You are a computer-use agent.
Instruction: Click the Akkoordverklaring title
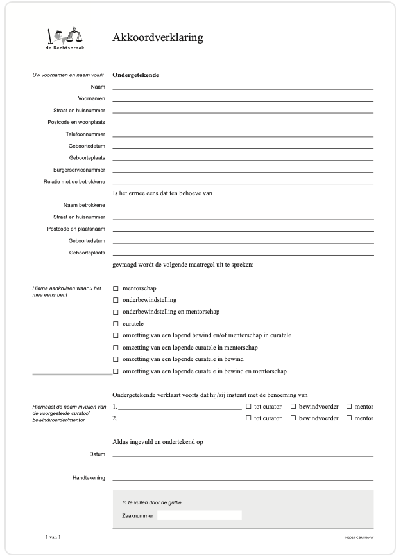(x=158, y=37)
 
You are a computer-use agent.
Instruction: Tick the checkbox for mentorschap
(x=116, y=288)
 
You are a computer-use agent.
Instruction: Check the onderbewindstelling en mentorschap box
(x=116, y=312)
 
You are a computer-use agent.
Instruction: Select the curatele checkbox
(x=116, y=324)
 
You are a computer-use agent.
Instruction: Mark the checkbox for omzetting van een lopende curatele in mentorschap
(x=116, y=348)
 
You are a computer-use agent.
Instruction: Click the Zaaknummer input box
(x=199, y=515)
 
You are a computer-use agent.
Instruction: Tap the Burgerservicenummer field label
(x=79, y=170)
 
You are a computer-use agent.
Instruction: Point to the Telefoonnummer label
(x=85, y=134)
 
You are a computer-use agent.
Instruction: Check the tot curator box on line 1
(x=248, y=406)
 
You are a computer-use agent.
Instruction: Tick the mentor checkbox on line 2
(x=349, y=418)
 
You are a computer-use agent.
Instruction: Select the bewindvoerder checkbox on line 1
(x=293, y=406)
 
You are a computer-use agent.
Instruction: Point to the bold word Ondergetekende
(x=135, y=75)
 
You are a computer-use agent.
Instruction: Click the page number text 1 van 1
(x=53, y=536)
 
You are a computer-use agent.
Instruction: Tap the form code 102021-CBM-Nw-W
(x=359, y=537)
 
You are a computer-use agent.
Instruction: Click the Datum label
(x=96, y=454)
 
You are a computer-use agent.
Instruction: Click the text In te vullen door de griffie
(x=156, y=502)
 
